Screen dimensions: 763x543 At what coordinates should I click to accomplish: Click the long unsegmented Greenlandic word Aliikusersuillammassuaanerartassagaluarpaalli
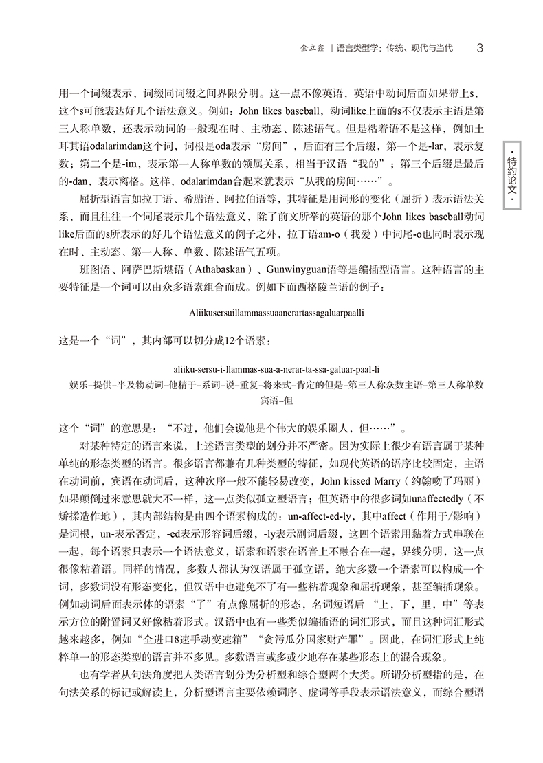274,312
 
